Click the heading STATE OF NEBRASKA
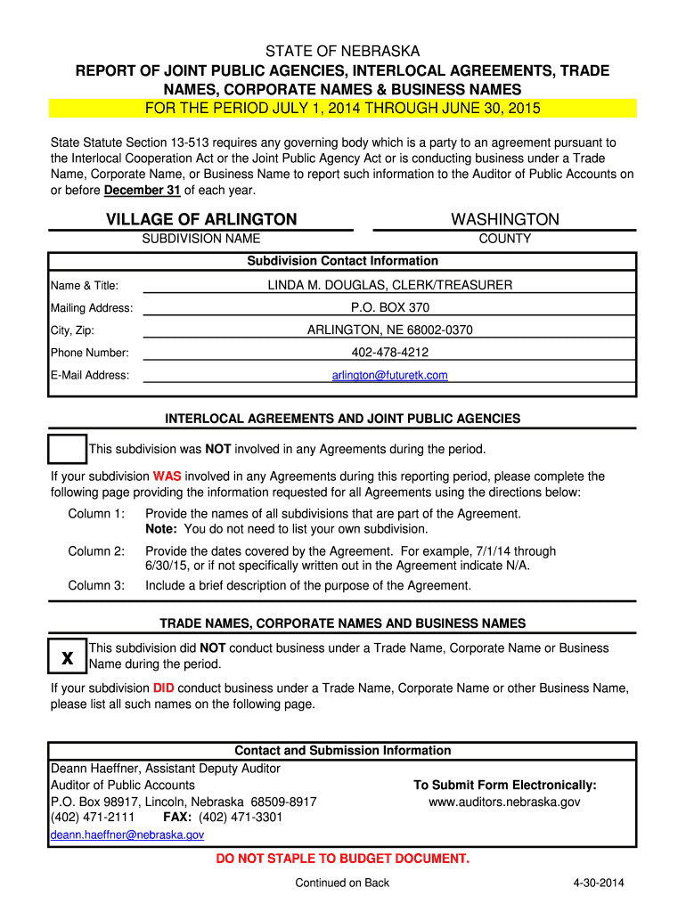343,52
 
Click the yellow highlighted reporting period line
343,109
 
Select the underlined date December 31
142,191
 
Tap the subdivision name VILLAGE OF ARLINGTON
201,219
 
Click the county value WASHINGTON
505,219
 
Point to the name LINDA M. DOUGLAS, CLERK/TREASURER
390,285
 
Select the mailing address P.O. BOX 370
390,307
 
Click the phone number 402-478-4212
390,353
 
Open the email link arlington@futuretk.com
390,376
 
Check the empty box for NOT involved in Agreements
67,448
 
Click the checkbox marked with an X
67,657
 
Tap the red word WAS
167,476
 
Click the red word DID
163,688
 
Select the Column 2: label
96,551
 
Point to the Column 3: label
96,586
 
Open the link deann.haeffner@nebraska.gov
127,835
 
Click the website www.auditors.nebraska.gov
504,802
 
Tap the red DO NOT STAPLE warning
343,859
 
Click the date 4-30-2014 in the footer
599,883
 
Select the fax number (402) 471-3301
241,818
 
